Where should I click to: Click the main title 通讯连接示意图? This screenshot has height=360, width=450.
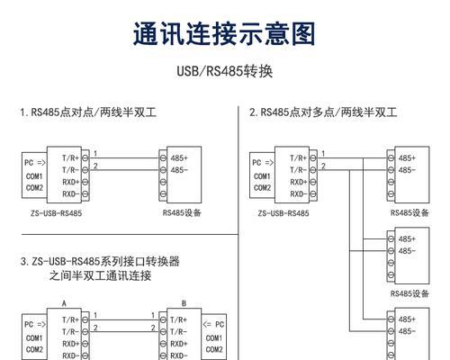224,33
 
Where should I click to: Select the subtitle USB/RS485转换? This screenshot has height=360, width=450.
225,71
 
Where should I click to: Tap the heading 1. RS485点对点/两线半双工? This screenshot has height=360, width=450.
88,112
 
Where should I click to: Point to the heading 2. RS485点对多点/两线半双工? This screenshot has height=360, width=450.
323,112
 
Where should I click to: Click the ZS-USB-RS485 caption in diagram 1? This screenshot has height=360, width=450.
56,213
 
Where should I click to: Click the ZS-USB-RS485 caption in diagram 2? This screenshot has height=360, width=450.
283,213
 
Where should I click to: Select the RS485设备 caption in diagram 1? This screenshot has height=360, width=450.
182,212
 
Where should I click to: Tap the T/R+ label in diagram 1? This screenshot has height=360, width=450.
70,157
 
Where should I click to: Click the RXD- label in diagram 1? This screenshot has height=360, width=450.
71,194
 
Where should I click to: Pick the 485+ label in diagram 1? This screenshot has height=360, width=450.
179,157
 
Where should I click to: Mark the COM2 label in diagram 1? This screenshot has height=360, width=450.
34,188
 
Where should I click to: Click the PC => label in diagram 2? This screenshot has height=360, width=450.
263,163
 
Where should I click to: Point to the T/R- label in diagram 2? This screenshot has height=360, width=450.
298,170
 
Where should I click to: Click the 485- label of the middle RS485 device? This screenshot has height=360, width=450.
407,251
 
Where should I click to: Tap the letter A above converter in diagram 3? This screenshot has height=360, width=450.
64,303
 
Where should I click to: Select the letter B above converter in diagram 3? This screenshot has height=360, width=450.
184,303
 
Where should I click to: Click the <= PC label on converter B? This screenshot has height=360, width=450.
213,324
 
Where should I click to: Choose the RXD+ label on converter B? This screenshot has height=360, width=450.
179,344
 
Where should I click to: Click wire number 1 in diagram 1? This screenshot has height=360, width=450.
95,154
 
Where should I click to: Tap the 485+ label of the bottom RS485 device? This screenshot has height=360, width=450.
407,319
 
